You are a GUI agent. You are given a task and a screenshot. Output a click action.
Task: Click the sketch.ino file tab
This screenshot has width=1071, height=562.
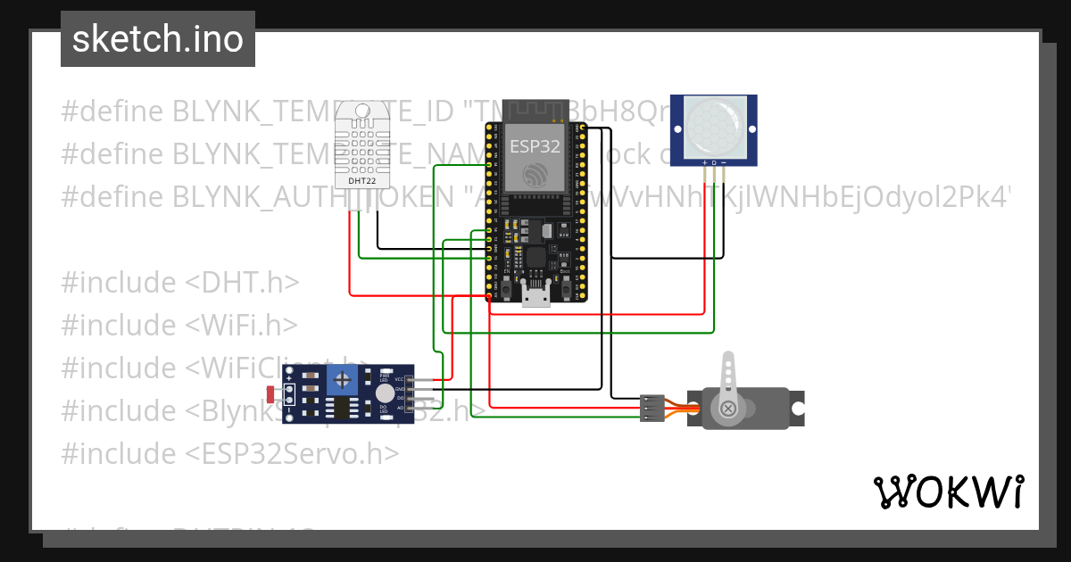[x=158, y=39]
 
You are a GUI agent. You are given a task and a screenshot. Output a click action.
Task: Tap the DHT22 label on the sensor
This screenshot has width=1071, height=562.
[x=361, y=180]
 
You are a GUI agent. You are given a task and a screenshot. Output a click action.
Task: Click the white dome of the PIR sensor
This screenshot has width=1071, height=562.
[x=713, y=125]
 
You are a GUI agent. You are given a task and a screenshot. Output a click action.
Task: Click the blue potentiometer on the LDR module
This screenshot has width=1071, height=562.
[x=343, y=381]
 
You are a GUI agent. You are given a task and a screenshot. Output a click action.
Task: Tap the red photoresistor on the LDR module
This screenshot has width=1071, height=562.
[x=272, y=393]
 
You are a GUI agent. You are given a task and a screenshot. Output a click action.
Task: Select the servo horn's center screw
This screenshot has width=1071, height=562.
[x=728, y=409]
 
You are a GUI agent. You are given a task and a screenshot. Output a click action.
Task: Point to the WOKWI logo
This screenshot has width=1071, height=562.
[x=948, y=492]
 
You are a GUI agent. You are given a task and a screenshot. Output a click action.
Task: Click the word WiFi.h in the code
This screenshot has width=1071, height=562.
[x=241, y=325]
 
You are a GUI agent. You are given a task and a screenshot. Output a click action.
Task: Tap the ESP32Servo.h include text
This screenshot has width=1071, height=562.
[x=291, y=453]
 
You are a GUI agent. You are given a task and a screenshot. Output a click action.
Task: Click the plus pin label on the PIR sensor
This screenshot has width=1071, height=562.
[x=705, y=162]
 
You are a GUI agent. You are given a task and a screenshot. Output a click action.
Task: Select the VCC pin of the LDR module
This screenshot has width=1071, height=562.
[x=399, y=379]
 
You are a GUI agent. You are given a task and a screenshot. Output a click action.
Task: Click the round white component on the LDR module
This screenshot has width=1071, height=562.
[x=384, y=393]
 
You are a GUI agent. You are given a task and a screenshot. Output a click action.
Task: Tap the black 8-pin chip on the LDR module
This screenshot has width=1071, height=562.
[x=342, y=408]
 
